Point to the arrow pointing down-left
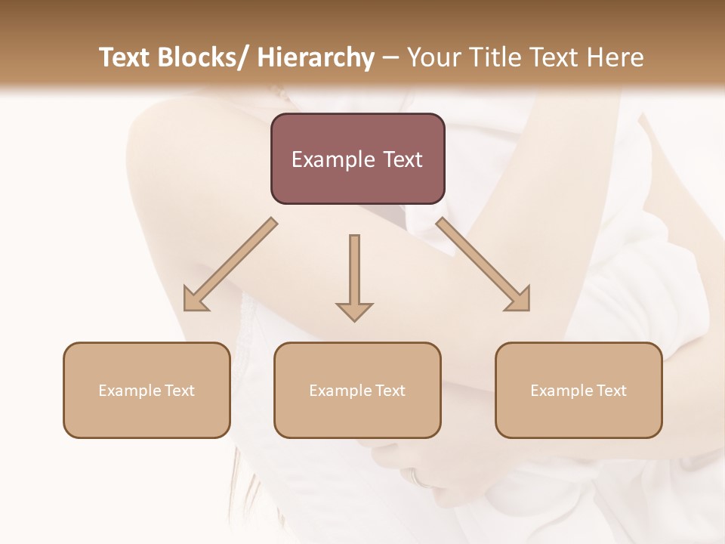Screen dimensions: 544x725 click(231, 264)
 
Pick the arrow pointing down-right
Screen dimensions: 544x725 click(483, 264)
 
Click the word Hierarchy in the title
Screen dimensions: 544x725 click(316, 58)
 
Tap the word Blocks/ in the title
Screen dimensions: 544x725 click(203, 58)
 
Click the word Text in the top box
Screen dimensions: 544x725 click(403, 160)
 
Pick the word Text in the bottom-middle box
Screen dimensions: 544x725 click(390, 391)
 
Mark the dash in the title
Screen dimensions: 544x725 click(390, 58)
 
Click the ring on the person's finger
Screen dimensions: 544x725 click(417, 478)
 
